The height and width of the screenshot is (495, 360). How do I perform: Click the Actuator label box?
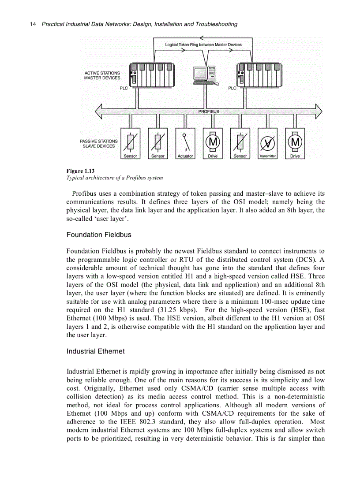pyautogui.click(x=185, y=156)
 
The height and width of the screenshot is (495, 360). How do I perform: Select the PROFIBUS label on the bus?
pyautogui.click(x=209, y=112)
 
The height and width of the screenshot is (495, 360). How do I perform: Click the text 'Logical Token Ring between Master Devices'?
pyautogui.click(x=203, y=45)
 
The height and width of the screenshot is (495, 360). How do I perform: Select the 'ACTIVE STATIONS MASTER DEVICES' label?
pyautogui.click(x=102, y=75)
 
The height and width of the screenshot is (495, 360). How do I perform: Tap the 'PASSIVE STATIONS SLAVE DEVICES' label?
pyautogui.click(x=99, y=144)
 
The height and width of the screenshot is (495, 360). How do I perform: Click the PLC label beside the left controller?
pyautogui.click(x=124, y=88)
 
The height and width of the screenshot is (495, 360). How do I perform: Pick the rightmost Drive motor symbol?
pyautogui.click(x=295, y=141)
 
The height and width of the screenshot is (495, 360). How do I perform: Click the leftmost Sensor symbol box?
pyautogui.click(x=131, y=141)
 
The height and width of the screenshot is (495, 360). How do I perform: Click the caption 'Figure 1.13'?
pyautogui.click(x=80, y=171)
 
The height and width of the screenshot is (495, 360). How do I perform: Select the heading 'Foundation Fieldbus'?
pyautogui.click(x=99, y=234)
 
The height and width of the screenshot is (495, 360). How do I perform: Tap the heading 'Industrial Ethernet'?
pyautogui.click(x=96, y=351)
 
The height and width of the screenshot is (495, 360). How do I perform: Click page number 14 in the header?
pyautogui.click(x=33, y=24)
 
